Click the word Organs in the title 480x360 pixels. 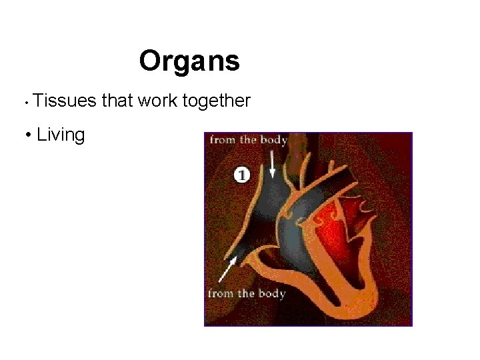tap(189, 61)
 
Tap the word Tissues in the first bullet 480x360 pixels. tap(64, 101)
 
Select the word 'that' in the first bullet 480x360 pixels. tap(117, 101)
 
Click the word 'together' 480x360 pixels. tap(216, 101)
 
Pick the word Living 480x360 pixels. tap(61, 135)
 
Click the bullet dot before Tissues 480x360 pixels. tap(24, 103)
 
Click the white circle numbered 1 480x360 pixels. tap(242, 175)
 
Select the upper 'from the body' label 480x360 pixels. tap(248, 140)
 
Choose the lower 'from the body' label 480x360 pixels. tap(246, 294)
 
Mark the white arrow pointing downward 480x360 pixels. tap(272, 163)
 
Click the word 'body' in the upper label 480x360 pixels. tap(273, 140)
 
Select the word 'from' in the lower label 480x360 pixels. tap(221, 294)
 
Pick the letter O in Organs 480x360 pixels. tap(149, 61)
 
